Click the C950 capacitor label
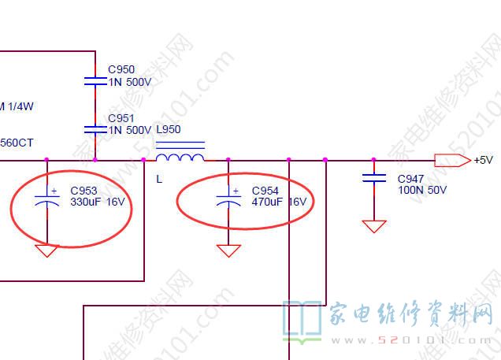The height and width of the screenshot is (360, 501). click(x=121, y=69)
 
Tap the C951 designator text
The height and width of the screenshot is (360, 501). click(x=121, y=118)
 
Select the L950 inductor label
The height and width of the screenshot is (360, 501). click(x=169, y=129)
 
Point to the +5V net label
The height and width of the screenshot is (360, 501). click(x=483, y=160)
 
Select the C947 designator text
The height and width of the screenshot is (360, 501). click(x=411, y=179)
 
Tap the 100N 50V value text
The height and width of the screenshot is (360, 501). click(x=422, y=190)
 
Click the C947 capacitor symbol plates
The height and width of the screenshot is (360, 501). click(x=374, y=178)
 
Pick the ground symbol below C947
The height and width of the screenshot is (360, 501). click(x=374, y=227)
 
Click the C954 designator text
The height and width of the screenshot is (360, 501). click(x=265, y=191)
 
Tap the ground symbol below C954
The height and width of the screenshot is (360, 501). click(x=228, y=251)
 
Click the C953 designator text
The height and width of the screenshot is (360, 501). click(x=83, y=191)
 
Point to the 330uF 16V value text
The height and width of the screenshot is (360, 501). click(x=97, y=202)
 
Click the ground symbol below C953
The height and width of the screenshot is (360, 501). click(x=47, y=251)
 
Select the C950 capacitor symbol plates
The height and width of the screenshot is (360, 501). click(x=95, y=80)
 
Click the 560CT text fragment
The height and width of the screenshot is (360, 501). click(x=17, y=143)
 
